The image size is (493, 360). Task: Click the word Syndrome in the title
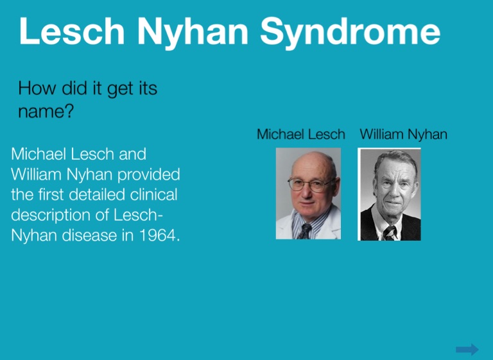tap(350, 32)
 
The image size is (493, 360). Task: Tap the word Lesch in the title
tap(72, 30)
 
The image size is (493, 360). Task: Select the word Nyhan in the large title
tap(193, 32)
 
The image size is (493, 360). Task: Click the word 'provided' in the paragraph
tap(148, 174)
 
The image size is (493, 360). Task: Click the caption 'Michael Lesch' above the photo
tap(301, 134)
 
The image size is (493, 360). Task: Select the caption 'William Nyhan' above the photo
tap(403, 134)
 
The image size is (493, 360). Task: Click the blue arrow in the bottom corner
tap(467, 349)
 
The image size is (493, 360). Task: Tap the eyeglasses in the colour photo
tap(311, 185)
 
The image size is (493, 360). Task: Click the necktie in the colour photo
tap(305, 231)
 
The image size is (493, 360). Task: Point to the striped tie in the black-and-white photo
tap(390, 233)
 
